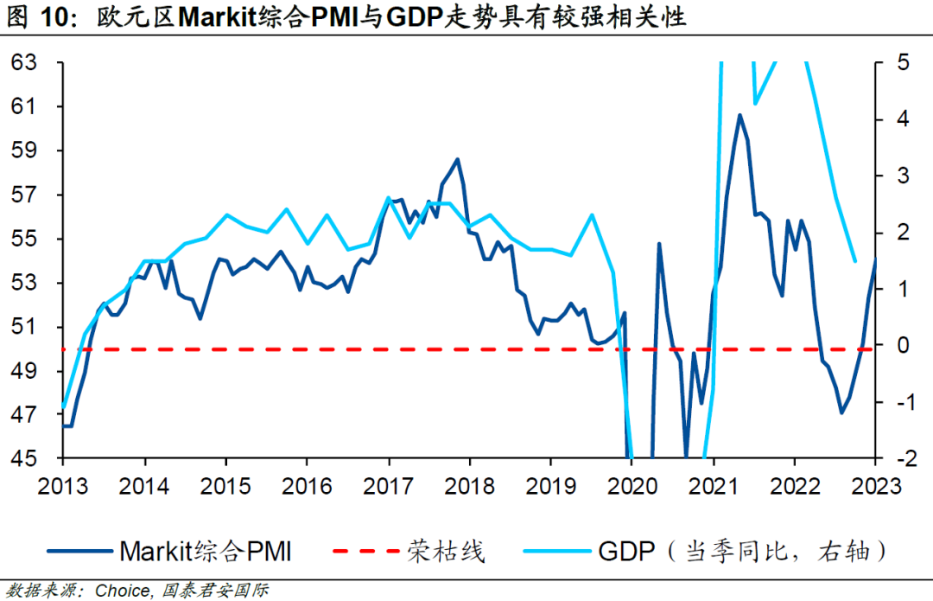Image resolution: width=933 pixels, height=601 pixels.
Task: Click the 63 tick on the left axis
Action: click(x=24, y=62)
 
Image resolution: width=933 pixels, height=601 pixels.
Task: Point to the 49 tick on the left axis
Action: click(x=24, y=371)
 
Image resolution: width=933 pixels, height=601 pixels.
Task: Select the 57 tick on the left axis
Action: click(x=24, y=195)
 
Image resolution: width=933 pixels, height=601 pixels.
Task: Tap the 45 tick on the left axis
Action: click(x=24, y=458)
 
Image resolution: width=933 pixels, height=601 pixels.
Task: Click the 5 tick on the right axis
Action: click(x=902, y=62)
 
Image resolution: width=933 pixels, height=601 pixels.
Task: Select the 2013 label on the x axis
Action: click(x=62, y=484)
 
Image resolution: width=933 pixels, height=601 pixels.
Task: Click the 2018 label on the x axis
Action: click(x=469, y=484)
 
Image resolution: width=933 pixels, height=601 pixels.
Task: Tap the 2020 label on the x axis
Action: click(x=632, y=484)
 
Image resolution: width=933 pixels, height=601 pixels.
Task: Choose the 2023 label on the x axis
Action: click(x=874, y=484)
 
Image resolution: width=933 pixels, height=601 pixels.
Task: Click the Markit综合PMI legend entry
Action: click(x=205, y=550)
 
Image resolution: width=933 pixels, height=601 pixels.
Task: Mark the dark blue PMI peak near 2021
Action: click(x=739, y=114)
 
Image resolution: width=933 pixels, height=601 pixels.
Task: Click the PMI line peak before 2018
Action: click(x=457, y=159)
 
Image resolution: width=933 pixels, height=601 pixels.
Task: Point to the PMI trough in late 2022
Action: click(x=841, y=412)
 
